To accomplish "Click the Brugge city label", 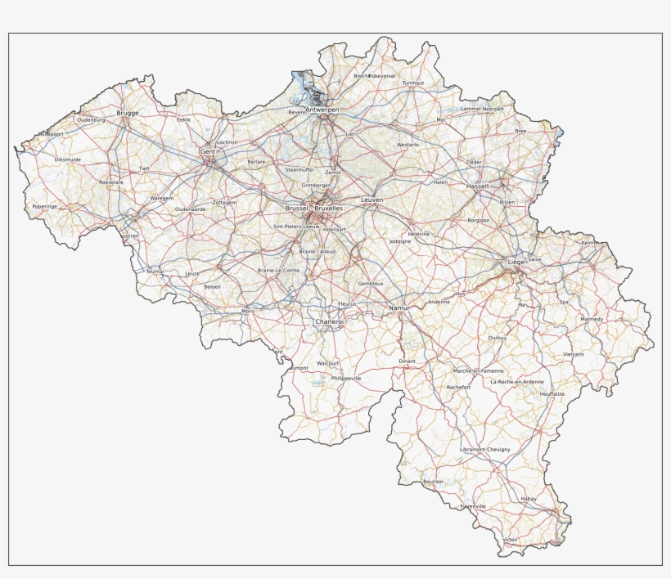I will tap(128, 113).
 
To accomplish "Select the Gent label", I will tap(208, 152).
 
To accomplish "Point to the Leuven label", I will tap(372, 200).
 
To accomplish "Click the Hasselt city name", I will tap(477, 186).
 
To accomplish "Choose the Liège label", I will tap(516, 262).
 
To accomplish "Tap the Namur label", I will tap(399, 307).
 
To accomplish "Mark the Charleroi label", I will tap(330, 322).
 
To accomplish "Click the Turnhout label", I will tap(413, 83).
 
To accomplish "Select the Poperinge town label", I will tap(45, 207).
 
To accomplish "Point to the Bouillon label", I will tap(433, 482).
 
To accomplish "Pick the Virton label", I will tap(511, 541).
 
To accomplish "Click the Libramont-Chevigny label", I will tap(484, 450).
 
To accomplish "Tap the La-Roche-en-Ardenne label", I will tap(517, 382).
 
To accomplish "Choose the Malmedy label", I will tap(591, 319).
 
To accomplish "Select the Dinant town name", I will tap(408, 361).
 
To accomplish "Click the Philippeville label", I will tap(347, 379).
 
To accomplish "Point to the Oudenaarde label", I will tap(190, 209).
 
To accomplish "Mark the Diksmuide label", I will tap(68, 159).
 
